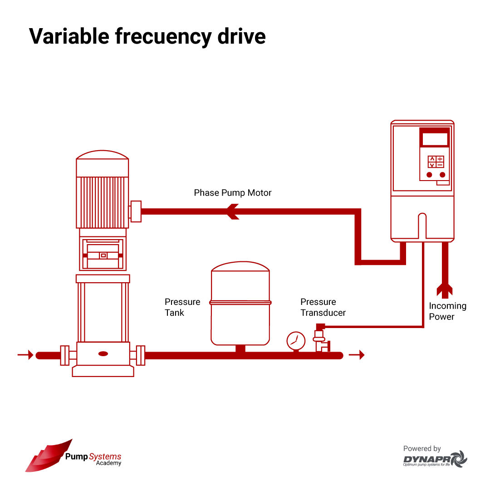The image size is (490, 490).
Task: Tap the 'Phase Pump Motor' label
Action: click(x=232, y=193)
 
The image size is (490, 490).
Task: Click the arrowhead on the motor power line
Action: click(x=233, y=211)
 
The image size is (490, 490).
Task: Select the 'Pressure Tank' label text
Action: click(x=182, y=307)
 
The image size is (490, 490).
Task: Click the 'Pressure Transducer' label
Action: click(x=323, y=307)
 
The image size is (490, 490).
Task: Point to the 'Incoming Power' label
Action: click(x=447, y=311)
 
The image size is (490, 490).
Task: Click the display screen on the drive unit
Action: click(x=435, y=138)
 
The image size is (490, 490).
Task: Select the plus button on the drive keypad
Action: click(x=440, y=159)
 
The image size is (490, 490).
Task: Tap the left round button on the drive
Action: click(x=429, y=175)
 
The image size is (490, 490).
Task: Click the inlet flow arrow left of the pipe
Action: click(x=25, y=355)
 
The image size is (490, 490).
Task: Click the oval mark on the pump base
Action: click(x=103, y=354)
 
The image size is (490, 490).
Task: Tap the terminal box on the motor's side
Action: click(x=136, y=211)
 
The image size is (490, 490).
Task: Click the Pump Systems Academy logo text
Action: click(x=93, y=459)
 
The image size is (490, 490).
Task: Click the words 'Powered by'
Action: click(x=422, y=449)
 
